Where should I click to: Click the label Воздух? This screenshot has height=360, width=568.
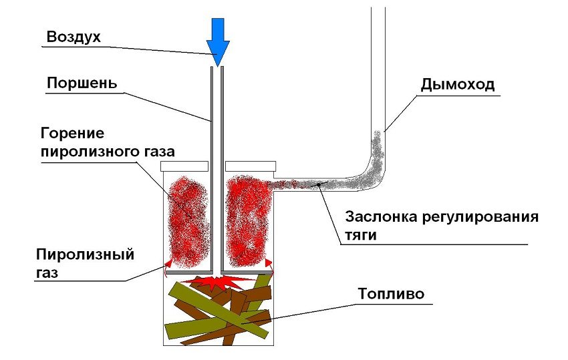tap(74, 37)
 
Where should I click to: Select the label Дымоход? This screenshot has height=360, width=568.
tap(458, 85)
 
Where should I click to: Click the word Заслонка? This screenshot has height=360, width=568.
tap(379, 218)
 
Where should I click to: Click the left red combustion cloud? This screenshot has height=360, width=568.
tap(188, 220)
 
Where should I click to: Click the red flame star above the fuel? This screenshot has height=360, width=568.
tap(218, 283)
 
